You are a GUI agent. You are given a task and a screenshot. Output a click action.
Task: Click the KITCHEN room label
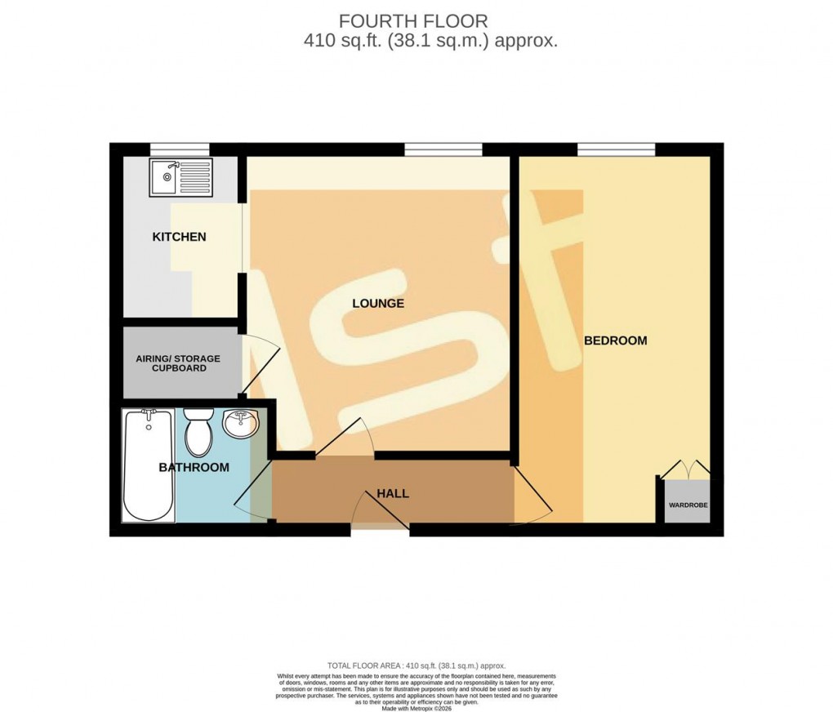click(179, 237)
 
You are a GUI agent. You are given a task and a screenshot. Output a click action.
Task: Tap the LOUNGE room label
click(378, 303)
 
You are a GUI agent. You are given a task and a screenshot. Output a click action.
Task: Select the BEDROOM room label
click(615, 340)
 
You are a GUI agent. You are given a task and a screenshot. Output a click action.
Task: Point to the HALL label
click(393, 493)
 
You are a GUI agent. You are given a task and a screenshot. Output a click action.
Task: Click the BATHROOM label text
click(194, 467)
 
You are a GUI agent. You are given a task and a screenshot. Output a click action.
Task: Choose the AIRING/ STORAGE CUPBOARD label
click(177, 363)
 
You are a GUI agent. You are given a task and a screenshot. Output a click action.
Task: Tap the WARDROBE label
click(688, 505)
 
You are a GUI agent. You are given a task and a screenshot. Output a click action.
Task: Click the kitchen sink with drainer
click(180, 177)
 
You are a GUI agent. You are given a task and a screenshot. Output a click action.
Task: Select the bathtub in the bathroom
click(148, 465)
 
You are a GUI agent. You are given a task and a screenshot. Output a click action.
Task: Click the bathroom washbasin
click(241, 424)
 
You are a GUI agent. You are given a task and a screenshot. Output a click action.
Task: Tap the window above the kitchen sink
click(180, 149)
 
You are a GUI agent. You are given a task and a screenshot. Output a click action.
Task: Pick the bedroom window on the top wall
click(616, 149)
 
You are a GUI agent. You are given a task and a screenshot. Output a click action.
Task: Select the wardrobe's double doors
click(684, 469)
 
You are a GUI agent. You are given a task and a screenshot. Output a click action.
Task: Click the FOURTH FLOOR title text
click(413, 21)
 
